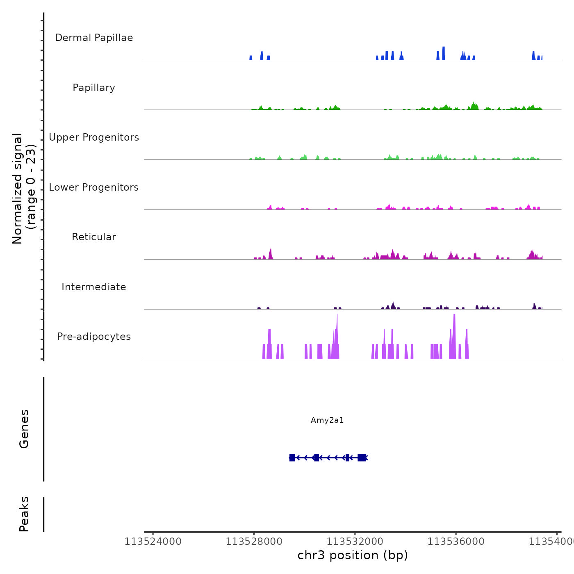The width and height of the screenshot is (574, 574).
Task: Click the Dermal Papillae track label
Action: pos(94,38)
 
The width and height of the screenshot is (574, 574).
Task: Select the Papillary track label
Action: pos(94,88)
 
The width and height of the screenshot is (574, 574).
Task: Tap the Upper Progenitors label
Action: pos(94,137)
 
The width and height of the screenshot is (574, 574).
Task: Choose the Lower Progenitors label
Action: pos(94,187)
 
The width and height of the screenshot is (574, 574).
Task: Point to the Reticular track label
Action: pos(94,237)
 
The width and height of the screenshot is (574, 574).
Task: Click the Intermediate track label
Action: pos(94,287)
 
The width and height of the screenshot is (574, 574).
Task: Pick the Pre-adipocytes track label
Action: pos(94,337)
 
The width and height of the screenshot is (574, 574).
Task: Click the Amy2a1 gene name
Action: pos(327,420)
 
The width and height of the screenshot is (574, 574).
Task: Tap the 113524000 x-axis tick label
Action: pos(153,542)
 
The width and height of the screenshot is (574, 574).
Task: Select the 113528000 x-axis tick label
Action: pos(254,542)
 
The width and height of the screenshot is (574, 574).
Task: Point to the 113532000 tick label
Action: pos(355,542)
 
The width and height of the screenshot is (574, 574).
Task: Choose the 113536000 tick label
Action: pos(456,542)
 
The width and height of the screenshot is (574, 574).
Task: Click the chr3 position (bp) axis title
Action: pos(353,555)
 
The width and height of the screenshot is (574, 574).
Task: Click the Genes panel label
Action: pos(24,429)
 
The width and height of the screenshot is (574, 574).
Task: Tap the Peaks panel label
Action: pos(24,514)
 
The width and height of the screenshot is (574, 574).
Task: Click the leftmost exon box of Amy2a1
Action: pos(292,458)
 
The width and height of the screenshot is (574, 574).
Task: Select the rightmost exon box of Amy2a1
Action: pos(361,458)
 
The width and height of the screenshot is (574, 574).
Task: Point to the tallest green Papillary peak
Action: pos(474,106)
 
